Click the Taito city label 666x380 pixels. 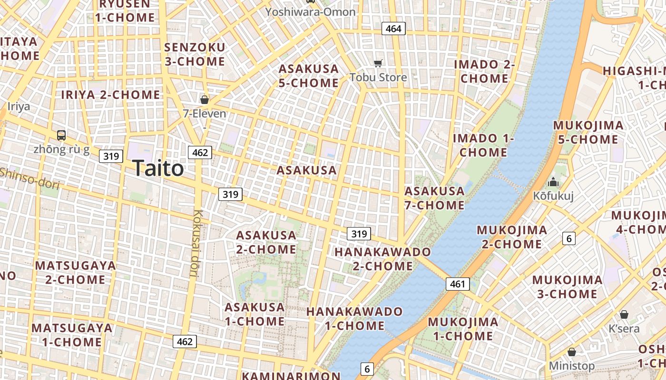click(x=157, y=168)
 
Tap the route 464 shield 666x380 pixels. click(x=393, y=28)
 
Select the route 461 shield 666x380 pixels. click(x=458, y=284)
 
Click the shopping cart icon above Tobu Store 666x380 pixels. click(x=378, y=63)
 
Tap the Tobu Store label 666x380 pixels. click(x=378, y=77)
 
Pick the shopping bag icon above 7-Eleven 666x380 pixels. click(x=205, y=100)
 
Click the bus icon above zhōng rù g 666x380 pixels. click(x=61, y=135)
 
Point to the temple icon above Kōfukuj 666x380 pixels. click(x=553, y=182)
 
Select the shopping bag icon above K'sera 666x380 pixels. click(x=624, y=314)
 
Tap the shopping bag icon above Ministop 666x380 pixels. click(x=572, y=352)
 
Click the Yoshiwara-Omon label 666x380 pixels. click(x=310, y=12)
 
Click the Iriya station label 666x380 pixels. click(x=19, y=106)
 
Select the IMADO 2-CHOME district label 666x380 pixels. click(x=485, y=71)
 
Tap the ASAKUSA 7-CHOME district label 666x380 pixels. click(x=434, y=198)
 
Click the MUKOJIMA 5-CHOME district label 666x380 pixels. click(x=588, y=133)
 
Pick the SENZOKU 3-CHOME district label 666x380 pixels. click(x=195, y=54)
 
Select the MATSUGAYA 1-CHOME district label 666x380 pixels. click(x=72, y=335)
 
